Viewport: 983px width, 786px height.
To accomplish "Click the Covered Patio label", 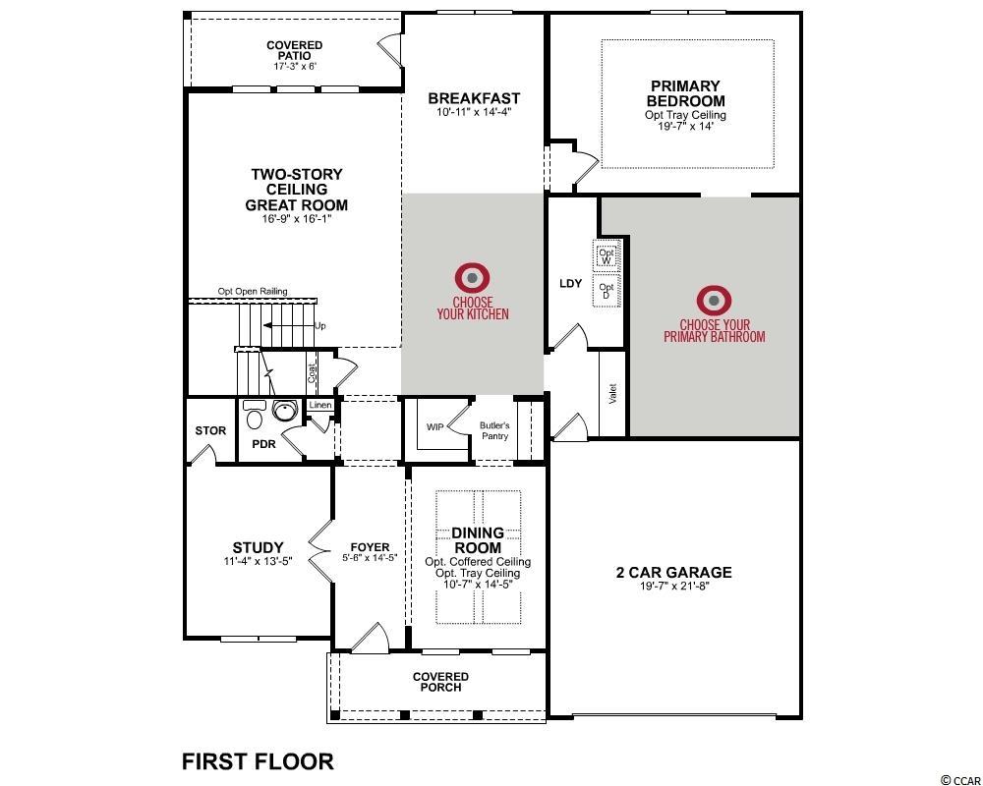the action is tap(295, 50).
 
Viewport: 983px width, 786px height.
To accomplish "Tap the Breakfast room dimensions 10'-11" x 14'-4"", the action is tap(474, 113).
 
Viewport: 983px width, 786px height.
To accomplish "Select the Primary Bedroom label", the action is tap(685, 92).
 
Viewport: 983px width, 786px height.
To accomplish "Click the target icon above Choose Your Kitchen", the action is tap(473, 278).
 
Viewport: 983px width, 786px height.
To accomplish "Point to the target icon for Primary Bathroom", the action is tap(714, 302).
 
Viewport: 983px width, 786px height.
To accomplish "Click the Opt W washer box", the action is tap(607, 255).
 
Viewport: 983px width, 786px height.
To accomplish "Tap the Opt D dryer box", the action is tap(607, 291).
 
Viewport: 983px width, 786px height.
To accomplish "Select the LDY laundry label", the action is tap(570, 283).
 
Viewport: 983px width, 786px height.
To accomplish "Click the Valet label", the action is tap(613, 394).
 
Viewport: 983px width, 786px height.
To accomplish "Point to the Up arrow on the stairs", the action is tap(288, 325).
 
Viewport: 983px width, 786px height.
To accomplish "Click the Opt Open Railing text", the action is tap(253, 292).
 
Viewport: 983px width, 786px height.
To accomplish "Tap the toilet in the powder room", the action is tap(255, 415).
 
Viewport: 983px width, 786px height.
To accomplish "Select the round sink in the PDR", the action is tap(285, 412).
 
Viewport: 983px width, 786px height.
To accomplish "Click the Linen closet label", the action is tap(320, 405).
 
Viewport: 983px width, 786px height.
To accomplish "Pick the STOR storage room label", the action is tap(210, 430).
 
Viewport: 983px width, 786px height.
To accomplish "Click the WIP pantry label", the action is tap(435, 426).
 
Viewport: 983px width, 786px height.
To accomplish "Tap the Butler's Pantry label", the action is tap(494, 430).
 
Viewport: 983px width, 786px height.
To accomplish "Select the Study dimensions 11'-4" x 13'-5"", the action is tap(259, 562).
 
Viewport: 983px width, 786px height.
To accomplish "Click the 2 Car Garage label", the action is tap(674, 572).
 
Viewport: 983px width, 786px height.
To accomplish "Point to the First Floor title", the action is tap(258, 761).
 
